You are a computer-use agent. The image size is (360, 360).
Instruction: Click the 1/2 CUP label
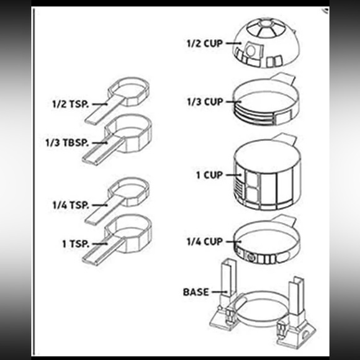(205, 43)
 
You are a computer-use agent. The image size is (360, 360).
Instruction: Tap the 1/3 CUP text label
(205, 102)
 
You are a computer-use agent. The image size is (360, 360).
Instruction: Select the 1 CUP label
(209, 175)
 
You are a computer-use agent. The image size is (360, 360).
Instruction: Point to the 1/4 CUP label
(205, 242)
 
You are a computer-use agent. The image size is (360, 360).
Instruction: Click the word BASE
(196, 292)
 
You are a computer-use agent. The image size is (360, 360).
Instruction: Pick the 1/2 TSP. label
(71, 104)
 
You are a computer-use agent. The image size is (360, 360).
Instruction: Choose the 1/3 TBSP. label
(67, 143)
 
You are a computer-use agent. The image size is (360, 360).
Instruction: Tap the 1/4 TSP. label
(71, 205)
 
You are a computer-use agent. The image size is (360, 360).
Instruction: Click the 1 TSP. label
(76, 244)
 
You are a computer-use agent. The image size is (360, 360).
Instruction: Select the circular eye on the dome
(251, 50)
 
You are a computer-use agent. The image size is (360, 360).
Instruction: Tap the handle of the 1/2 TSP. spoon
(104, 110)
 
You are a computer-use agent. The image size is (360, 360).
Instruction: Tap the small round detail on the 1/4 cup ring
(251, 257)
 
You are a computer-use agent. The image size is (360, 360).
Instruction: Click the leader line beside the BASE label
(220, 292)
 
